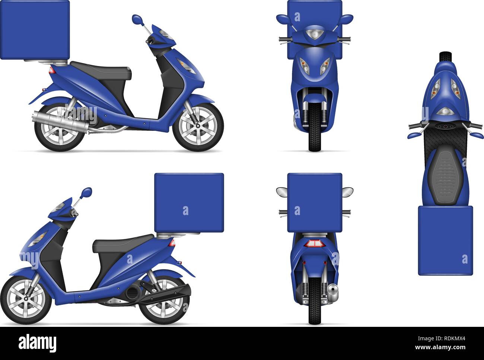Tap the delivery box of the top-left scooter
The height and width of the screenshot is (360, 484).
(x=35, y=30)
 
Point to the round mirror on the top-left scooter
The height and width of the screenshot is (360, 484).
(x=137, y=19)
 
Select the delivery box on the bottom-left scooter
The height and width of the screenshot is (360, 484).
(x=189, y=203)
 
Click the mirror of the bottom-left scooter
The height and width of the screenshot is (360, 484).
(x=87, y=192)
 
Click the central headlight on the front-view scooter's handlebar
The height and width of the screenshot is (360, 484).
(x=315, y=35)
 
